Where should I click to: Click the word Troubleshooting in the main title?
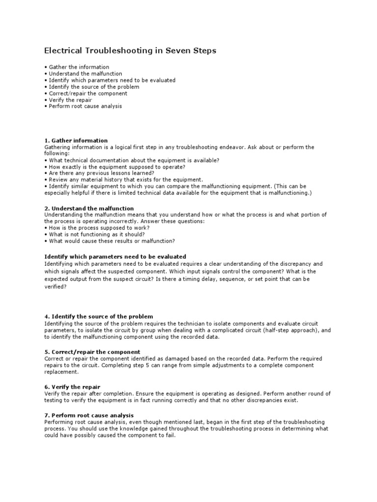pyautogui.click(x=116, y=50)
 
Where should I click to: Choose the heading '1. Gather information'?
pyautogui.click(x=76, y=141)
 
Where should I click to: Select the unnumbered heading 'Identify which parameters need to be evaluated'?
pyautogui.click(x=115, y=256)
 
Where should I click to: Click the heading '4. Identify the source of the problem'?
pyautogui.click(x=99, y=317)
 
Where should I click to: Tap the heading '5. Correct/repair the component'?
pyautogui.click(x=92, y=352)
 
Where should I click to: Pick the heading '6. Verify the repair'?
pyautogui.click(x=72, y=387)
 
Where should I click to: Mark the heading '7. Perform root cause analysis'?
pyautogui.click(x=89, y=416)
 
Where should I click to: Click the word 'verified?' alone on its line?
pyautogui.click(x=55, y=287)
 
